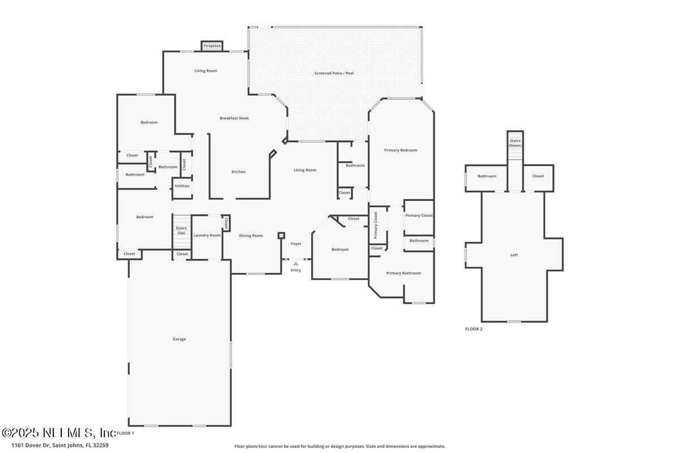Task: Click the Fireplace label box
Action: click(212, 46)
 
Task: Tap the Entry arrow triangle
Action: click(296, 264)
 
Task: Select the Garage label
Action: click(179, 339)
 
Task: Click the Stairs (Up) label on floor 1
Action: click(181, 230)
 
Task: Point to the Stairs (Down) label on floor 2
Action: click(515, 143)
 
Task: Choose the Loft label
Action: click(514, 255)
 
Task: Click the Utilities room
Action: click(182, 189)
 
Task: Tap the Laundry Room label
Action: click(207, 235)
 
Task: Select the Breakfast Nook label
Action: click(235, 118)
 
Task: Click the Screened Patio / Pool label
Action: click(334, 73)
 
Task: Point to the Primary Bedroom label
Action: click(401, 150)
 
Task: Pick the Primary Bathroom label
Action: click(403, 273)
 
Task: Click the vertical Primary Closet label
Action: click(376, 225)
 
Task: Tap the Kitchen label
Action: click(239, 172)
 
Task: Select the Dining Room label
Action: click(250, 236)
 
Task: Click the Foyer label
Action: click(296, 243)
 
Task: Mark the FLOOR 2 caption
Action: click(474, 329)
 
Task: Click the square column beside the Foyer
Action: click(281, 236)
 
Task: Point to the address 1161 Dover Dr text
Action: click(31, 445)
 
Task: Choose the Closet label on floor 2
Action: click(538, 176)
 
